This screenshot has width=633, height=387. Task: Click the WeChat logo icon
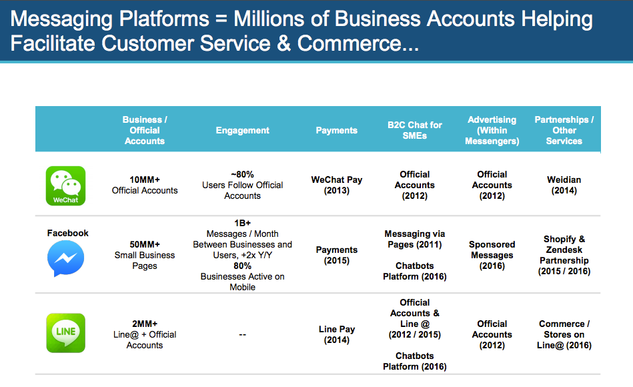(65, 185)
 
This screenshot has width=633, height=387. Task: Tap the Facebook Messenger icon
(65, 259)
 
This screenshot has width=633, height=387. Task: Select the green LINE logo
(65, 333)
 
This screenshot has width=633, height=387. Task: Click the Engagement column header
(242, 131)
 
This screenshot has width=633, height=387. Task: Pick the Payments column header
(336, 131)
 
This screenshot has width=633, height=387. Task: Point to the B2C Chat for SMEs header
(414, 130)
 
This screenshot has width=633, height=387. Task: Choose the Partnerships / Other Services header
(564, 130)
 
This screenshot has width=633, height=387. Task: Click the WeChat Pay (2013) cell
(336, 185)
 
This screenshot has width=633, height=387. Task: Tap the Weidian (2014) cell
(564, 185)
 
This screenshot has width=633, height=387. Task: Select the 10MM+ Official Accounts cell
(145, 185)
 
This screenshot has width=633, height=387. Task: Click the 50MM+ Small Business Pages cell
(145, 255)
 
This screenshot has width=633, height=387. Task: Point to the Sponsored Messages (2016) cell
(492, 255)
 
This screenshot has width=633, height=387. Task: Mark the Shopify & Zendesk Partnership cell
(564, 255)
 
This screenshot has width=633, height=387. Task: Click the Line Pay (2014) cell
(336, 334)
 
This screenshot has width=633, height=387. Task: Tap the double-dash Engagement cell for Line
(242, 335)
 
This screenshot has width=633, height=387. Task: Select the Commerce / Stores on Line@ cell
(564, 334)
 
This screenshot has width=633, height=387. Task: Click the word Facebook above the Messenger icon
(67, 233)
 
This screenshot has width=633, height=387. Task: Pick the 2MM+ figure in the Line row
(145, 324)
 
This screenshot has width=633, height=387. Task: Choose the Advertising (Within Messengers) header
(492, 130)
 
